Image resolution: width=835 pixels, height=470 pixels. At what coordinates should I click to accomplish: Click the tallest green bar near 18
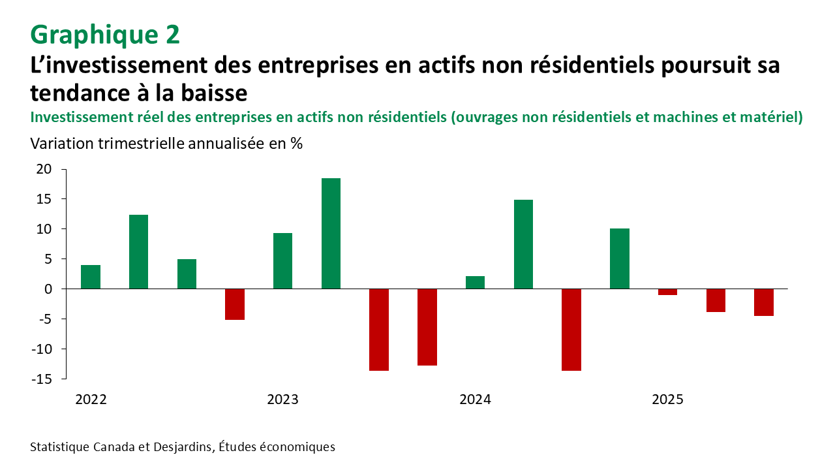[331, 233]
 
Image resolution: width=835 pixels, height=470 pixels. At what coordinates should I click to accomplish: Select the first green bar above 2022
[91, 277]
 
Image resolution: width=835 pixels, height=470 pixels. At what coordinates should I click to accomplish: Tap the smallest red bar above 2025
[667, 292]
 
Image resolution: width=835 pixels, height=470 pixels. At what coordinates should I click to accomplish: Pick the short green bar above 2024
[475, 282]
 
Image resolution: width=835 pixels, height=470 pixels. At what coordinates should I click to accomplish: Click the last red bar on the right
[764, 302]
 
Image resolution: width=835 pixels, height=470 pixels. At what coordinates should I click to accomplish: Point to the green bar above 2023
[282, 260]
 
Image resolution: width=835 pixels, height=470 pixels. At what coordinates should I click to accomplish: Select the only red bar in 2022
[235, 304]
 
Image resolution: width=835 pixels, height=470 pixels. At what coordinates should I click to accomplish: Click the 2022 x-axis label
[91, 399]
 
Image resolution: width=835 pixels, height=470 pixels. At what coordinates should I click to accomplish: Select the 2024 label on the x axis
[475, 399]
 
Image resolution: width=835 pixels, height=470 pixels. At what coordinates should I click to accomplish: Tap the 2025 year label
[667, 399]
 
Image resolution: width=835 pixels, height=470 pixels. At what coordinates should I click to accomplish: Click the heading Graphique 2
[105, 35]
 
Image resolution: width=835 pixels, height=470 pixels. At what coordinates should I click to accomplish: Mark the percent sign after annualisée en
[297, 144]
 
